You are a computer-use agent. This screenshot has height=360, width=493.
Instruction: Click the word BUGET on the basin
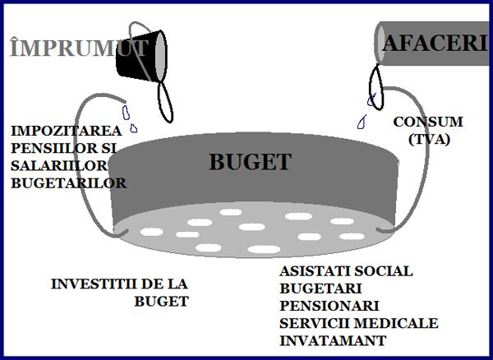pyautogui.click(x=250, y=161)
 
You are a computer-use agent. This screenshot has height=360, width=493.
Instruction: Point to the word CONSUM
pyautogui.click(x=427, y=122)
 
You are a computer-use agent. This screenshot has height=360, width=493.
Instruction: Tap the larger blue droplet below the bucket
pyautogui.click(x=126, y=111)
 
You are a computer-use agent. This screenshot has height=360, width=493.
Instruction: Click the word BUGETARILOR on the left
pyautogui.click(x=68, y=182)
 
